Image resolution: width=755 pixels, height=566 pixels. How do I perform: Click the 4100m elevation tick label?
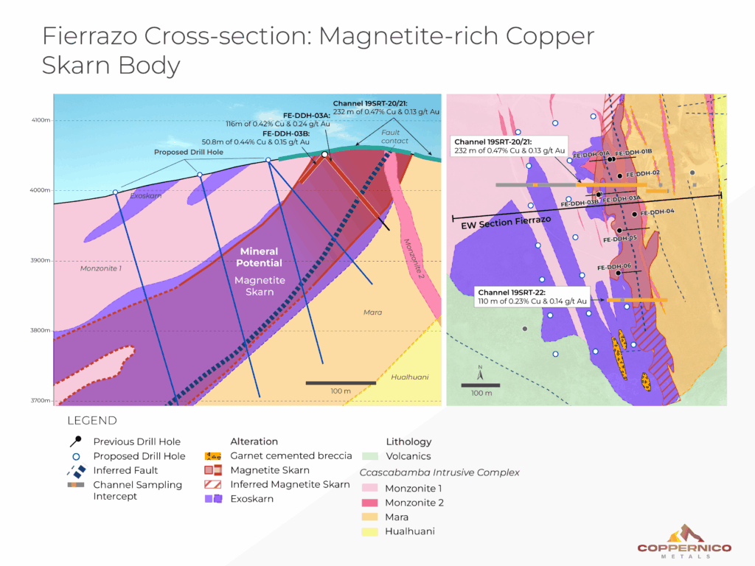point(40,120)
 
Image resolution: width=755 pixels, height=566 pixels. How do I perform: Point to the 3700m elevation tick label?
point(40,401)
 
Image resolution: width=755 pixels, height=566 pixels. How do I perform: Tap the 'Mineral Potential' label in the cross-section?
point(258,257)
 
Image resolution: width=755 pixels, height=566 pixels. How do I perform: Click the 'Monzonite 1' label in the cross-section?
point(100,269)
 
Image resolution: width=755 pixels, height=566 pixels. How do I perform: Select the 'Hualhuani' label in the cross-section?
point(408,377)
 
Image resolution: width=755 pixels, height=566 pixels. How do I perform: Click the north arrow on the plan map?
point(480,372)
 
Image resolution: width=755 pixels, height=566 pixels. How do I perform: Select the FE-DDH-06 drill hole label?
point(613,267)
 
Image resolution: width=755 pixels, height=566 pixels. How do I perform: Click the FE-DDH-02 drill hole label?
point(642,174)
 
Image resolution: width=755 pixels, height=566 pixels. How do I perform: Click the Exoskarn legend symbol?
point(213,499)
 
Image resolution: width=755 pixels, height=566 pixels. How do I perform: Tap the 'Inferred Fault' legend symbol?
point(75,470)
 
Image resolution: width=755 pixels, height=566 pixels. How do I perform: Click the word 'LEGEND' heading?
point(91,421)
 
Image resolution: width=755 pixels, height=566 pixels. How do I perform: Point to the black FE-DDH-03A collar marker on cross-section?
point(325,155)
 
